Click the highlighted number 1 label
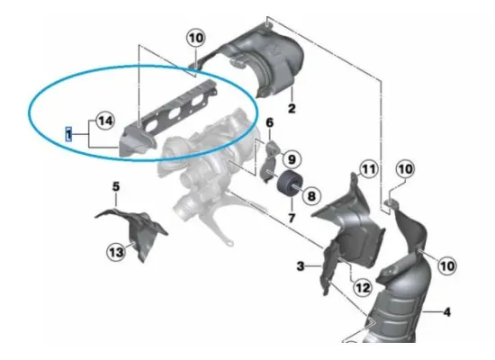point(67,132)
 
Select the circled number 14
point(104,120)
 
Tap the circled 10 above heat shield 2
point(195,38)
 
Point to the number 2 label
point(292,109)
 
